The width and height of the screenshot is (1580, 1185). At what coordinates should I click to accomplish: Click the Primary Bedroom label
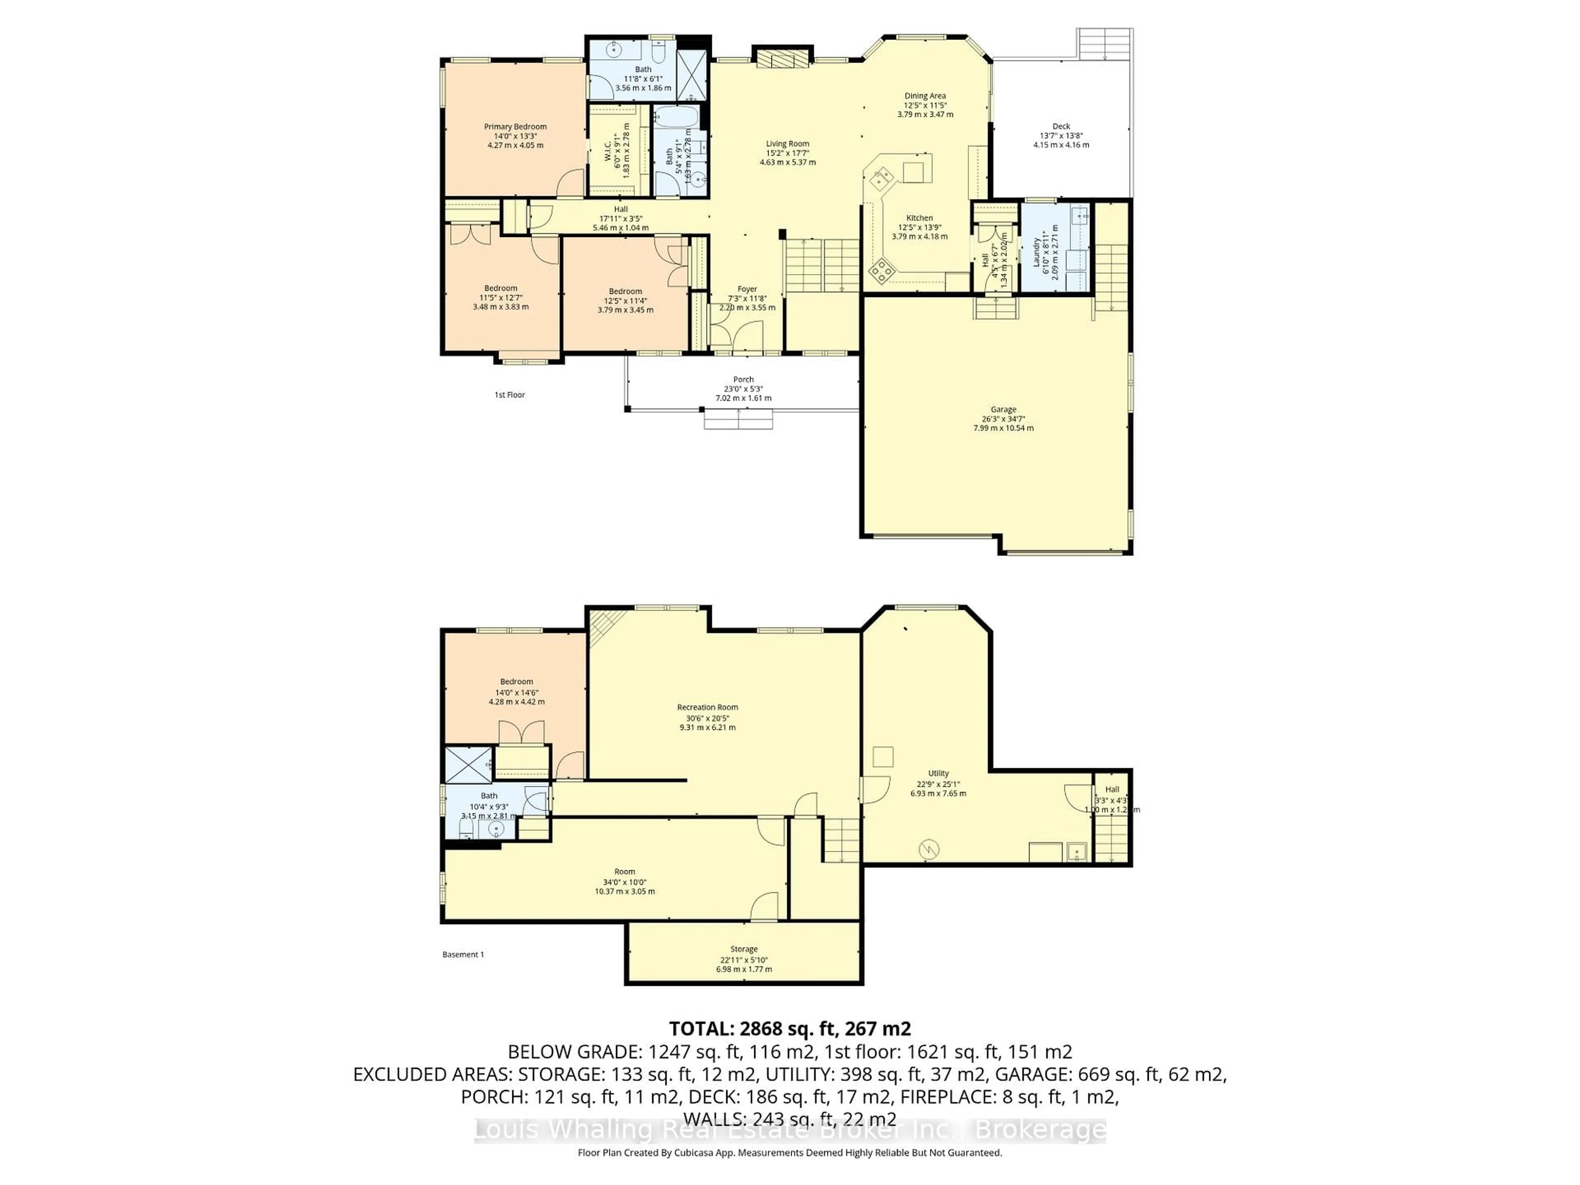point(515,126)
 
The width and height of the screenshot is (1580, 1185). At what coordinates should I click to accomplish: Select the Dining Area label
point(925,96)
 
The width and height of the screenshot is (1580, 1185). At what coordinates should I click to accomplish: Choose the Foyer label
point(747,289)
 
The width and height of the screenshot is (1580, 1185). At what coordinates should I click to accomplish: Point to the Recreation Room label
point(707,707)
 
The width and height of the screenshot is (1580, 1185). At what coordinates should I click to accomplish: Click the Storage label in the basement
point(744,949)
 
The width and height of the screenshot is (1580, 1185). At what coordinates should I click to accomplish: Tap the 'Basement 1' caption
point(463,954)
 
